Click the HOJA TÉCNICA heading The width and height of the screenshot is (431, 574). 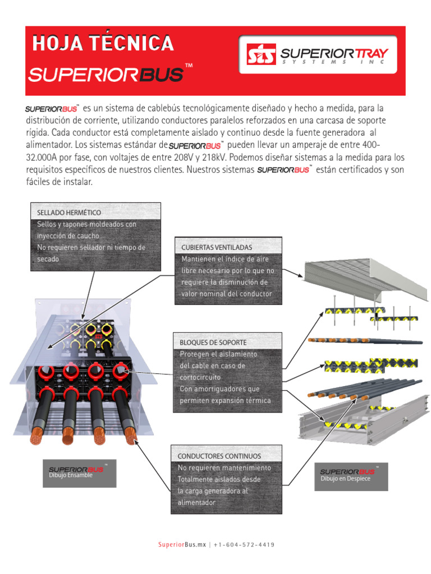click(103, 43)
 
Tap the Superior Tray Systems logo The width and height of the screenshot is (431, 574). click(318, 55)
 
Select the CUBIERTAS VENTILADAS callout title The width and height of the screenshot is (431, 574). click(217, 247)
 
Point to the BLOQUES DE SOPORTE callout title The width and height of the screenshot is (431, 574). click(213, 342)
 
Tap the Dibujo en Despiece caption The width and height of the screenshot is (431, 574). click(345, 479)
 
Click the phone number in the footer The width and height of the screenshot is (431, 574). click(244, 545)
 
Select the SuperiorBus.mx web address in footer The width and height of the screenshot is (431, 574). click(182, 545)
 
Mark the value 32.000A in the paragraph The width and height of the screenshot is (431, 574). click(45, 157)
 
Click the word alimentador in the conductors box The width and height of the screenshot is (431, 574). click(196, 503)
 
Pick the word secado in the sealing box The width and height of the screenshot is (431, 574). click(48, 259)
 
